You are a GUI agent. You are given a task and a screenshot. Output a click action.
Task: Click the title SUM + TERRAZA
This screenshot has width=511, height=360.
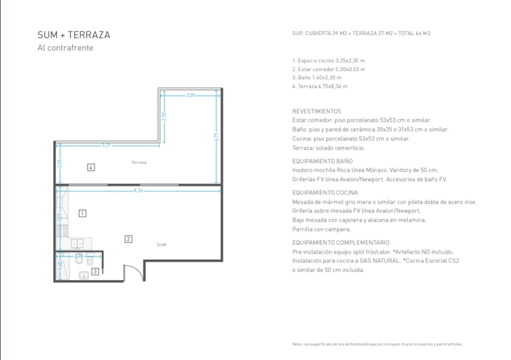74,35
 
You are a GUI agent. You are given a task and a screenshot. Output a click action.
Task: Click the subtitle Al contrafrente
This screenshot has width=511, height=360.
65,48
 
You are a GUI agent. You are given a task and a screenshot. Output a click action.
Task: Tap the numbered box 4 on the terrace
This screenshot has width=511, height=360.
91,167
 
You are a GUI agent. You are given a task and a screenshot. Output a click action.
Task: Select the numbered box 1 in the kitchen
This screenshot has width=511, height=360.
82,213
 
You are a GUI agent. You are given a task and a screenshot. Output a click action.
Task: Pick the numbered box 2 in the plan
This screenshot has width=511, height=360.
129,239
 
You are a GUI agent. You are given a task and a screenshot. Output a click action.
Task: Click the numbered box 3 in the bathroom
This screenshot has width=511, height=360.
95,272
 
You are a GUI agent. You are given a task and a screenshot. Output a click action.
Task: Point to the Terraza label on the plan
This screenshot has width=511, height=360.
139,163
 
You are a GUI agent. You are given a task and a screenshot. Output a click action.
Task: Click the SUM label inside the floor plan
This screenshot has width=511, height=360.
161,245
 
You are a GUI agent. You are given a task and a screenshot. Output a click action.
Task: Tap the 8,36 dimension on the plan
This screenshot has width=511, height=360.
138,190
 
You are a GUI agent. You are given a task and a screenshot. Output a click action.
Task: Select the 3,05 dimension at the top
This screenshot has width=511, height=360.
191,95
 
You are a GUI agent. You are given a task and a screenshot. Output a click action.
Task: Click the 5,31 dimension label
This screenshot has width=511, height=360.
106,145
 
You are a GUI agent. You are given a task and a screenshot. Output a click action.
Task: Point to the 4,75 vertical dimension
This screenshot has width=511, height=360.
216,137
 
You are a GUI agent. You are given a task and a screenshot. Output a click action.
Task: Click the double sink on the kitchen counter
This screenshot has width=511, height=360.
77,244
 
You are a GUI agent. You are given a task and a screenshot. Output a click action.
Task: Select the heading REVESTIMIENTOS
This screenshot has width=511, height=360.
317,111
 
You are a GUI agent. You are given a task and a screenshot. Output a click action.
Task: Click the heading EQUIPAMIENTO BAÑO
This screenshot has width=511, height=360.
322,161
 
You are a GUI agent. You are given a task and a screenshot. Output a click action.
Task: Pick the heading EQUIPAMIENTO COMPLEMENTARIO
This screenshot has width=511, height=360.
341,243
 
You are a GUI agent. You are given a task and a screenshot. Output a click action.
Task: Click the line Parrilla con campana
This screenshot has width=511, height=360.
322,229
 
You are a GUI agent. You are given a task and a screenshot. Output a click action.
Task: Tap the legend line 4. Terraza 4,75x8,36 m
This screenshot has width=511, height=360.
320,86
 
